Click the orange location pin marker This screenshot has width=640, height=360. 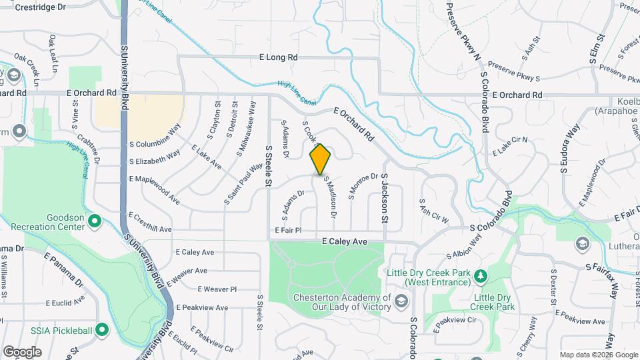[321, 159]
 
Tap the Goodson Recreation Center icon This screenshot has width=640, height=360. [94, 220]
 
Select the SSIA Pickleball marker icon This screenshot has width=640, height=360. [101, 329]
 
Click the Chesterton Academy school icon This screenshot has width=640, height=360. [401, 301]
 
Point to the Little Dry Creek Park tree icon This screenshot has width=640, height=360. [479, 275]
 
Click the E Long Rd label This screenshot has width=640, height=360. [278, 58]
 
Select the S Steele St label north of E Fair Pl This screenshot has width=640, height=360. [269, 166]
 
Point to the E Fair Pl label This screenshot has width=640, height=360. [287, 230]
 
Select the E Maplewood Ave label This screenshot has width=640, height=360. [155, 189]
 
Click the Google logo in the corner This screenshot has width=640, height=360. [22, 351]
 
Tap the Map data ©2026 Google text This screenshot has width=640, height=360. [598, 355]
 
